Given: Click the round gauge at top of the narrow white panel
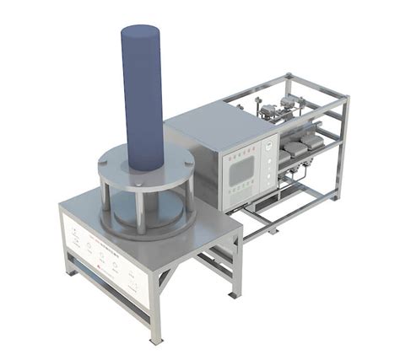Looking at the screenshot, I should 267,144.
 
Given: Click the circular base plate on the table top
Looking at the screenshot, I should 143,218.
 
